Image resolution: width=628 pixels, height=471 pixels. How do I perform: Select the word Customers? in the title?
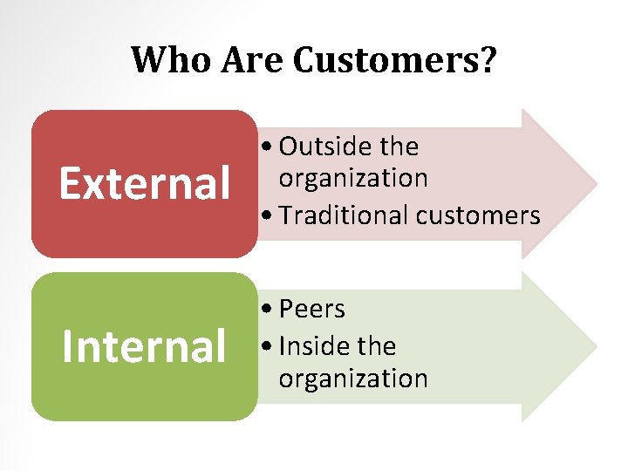394,60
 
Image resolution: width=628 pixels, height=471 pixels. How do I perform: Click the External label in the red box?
144,183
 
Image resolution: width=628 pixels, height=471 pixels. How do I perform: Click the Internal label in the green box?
144,345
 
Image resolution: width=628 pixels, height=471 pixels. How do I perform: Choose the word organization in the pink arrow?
353,178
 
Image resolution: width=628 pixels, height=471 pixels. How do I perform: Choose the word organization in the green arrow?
353,378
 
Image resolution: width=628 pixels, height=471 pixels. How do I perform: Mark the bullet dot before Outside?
267,147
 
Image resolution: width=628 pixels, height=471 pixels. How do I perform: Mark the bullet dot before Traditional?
267,215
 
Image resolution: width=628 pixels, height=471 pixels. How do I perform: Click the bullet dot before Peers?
267,310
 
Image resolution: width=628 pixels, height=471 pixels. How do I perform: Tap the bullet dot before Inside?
267,347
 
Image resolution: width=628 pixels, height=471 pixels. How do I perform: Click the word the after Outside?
398,147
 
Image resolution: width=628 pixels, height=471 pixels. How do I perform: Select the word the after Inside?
376,346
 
